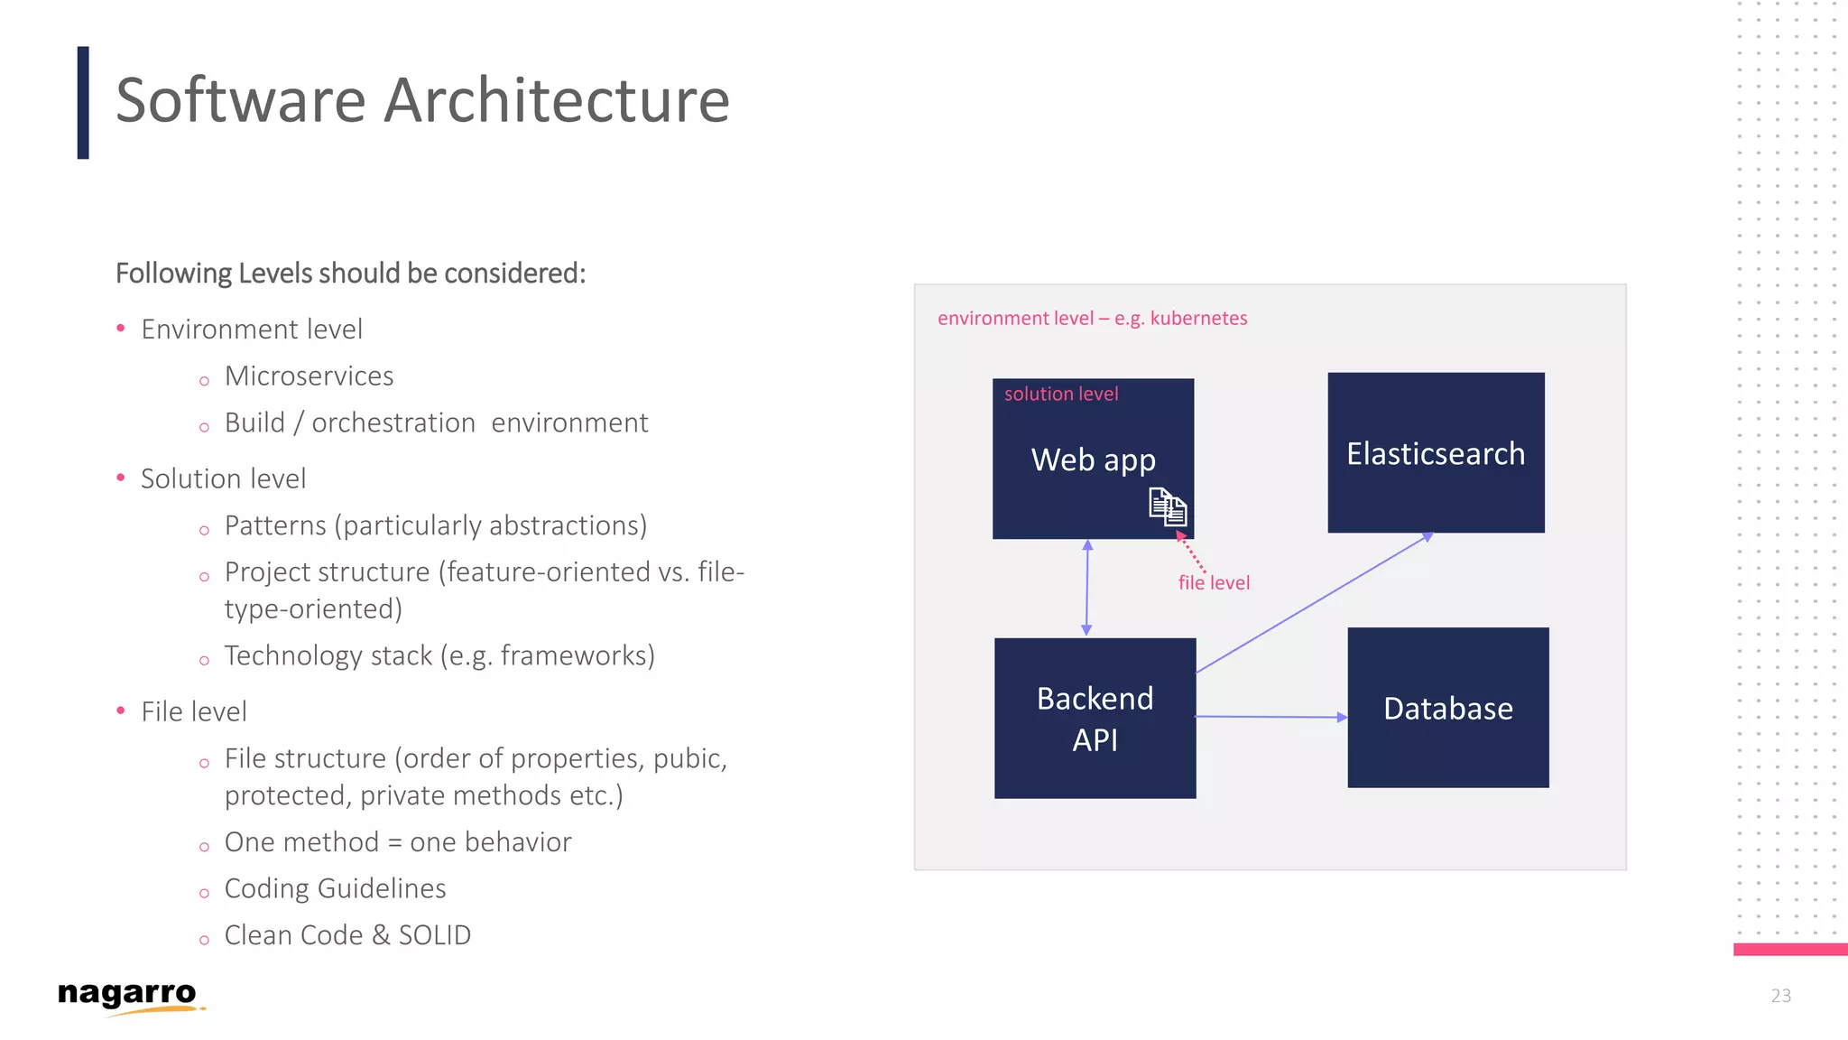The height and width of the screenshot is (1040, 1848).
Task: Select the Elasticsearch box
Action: tap(1436, 453)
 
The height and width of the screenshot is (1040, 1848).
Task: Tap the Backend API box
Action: tap(1095, 719)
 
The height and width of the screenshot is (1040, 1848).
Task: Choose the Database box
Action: tap(1447, 708)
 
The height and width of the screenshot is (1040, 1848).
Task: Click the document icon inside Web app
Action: tap(1168, 506)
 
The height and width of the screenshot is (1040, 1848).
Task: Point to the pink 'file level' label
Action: tap(1214, 583)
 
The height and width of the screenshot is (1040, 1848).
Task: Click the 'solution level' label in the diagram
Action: tap(1061, 395)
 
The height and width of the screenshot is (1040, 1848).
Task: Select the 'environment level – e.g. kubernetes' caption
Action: tap(1092, 319)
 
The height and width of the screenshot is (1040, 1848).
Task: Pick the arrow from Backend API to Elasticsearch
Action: tap(1314, 604)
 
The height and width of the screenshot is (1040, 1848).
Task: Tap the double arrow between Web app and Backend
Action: tap(1087, 588)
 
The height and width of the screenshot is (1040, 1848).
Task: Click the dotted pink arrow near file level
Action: tap(1191, 552)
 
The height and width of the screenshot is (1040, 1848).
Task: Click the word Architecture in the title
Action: tap(557, 100)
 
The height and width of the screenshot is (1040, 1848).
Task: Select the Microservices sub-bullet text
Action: tap(309, 376)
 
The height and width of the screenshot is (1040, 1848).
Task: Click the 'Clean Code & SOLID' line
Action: tap(347, 935)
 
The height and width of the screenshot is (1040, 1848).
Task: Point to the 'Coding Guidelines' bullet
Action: tap(335, 888)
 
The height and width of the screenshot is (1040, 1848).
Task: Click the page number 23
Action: tap(1780, 996)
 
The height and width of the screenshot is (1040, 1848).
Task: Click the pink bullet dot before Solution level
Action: tap(121, 478)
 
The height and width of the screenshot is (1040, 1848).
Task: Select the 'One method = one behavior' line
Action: tap(398, 842)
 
